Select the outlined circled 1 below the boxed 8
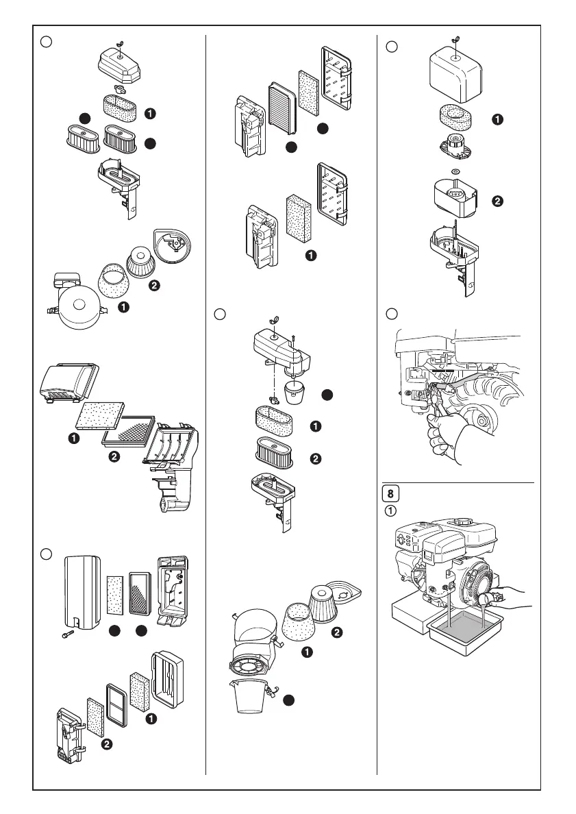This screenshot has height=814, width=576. (388, 510)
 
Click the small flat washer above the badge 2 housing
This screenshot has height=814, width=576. (455, 171)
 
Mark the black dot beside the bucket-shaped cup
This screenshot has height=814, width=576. (290, 700)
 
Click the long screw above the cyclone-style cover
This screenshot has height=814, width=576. (293, 338)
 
